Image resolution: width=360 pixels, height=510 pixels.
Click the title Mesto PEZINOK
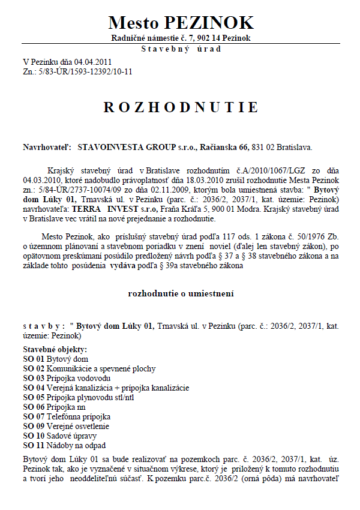(181, 23)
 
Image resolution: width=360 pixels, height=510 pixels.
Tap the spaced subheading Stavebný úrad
(181, 49)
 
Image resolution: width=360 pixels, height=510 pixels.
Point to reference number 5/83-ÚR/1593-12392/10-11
(84, 71)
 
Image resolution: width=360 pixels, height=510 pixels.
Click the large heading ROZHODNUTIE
(181, 107)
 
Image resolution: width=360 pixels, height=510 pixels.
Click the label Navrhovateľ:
(47, 146)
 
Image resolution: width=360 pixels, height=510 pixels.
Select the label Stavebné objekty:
(55, 349)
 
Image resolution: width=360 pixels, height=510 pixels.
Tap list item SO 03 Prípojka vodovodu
(67, 379)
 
